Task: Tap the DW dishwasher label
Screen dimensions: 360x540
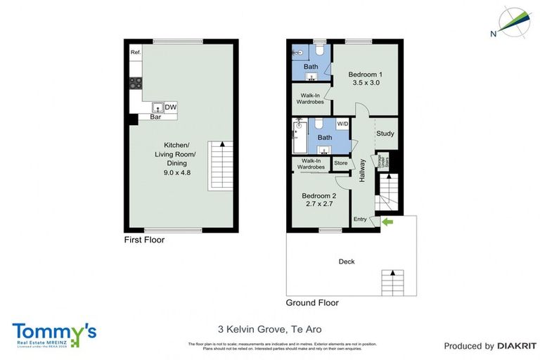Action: (x=171, y=108)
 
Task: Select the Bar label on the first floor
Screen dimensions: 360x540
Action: (x=155, y=117)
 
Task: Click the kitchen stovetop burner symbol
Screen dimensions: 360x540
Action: (x=135, y=83)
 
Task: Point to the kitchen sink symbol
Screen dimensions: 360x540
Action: (x=157, y=108)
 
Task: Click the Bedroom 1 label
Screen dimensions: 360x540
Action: (x=366, y=75)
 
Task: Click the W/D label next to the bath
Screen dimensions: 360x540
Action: (x=342, y=124)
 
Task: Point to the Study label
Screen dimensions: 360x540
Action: (x=385, y=134)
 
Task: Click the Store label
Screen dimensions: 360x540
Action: (x=340, y=163)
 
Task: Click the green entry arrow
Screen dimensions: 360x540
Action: (x=386, y=223)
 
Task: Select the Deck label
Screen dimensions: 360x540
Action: (x=347, y=262)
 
